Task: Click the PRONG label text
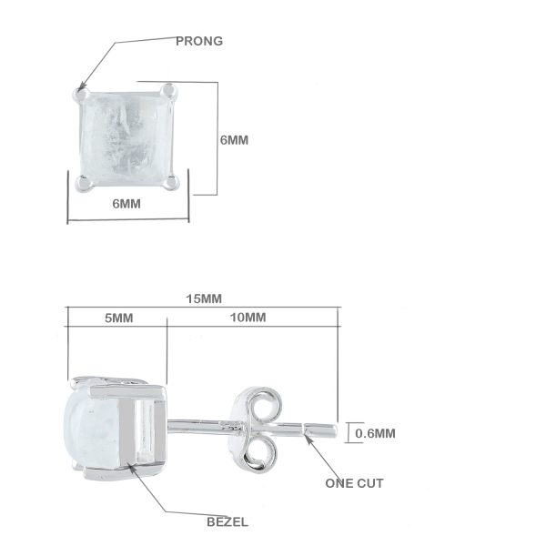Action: click(199, 41)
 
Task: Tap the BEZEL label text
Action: click(227, 521)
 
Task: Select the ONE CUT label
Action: click(354, 483)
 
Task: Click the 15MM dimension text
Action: click(204, 298)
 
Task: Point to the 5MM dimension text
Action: click(118, 318)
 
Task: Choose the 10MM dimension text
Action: click(248, 318)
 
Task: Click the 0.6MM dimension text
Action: click(375, 433)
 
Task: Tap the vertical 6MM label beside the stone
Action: click(234, 140)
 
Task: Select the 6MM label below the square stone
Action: click(126, 204)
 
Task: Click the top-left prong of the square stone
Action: click(82, 95)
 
